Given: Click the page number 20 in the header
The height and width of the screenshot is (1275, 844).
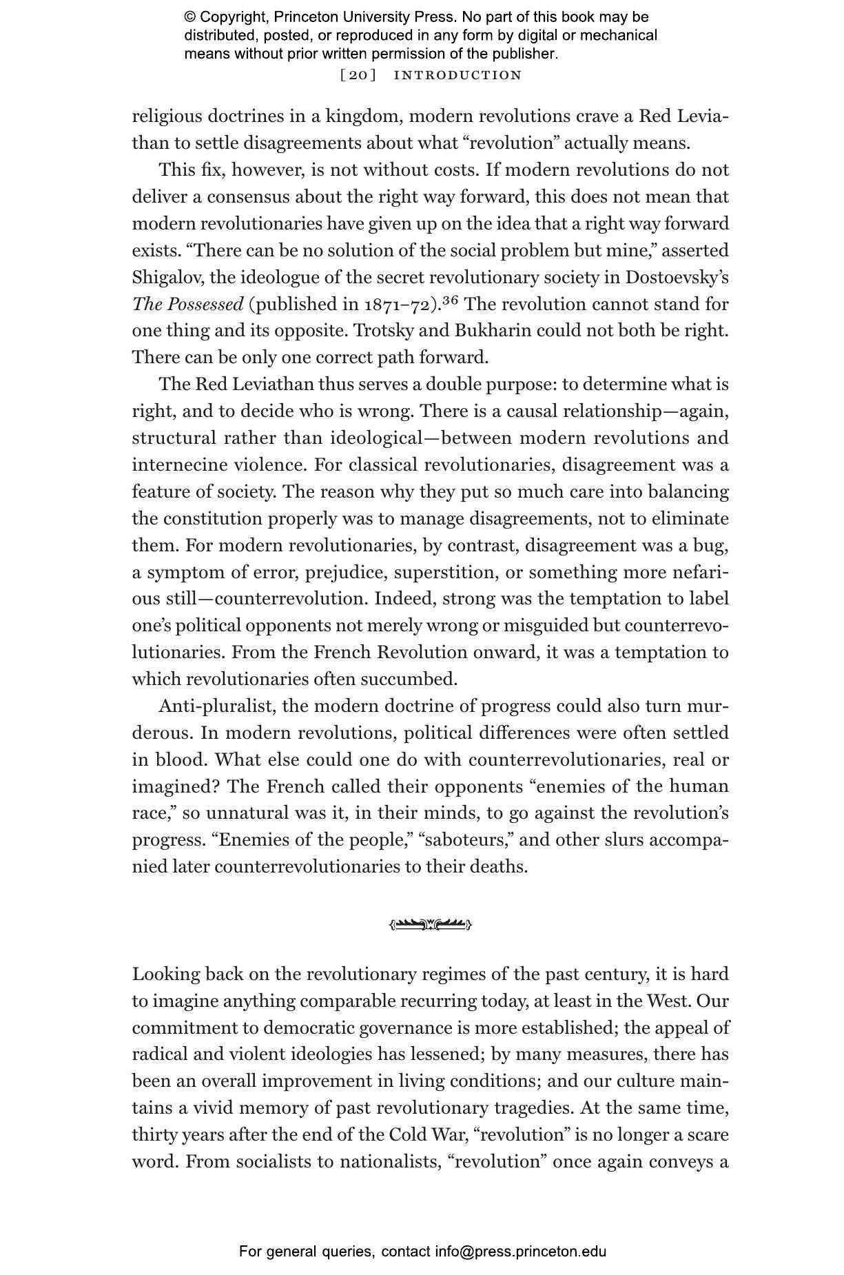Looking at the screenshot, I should (x=358, y=75).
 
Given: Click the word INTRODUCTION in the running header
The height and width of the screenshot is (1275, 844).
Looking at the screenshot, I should (x=457, y=75).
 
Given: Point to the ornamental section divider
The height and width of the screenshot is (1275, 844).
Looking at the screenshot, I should (x=431, y=924).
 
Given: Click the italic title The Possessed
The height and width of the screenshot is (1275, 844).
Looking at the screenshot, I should (x=188, y=304).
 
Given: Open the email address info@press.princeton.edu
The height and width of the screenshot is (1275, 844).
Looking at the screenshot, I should (x=520, y=1252).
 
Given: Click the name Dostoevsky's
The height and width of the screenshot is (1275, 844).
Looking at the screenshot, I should (x=677, y=277).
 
